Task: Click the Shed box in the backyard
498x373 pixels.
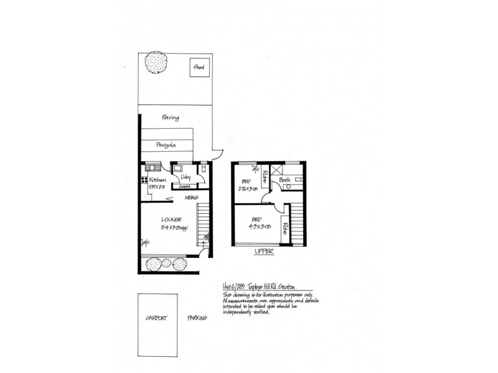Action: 199,67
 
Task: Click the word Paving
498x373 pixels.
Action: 171,117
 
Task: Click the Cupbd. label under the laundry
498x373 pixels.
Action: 184,186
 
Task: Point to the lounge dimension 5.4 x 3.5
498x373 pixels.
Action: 174,228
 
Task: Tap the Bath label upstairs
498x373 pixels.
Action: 285,180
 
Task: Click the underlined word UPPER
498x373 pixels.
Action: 264,253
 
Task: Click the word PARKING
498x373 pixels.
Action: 197,318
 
